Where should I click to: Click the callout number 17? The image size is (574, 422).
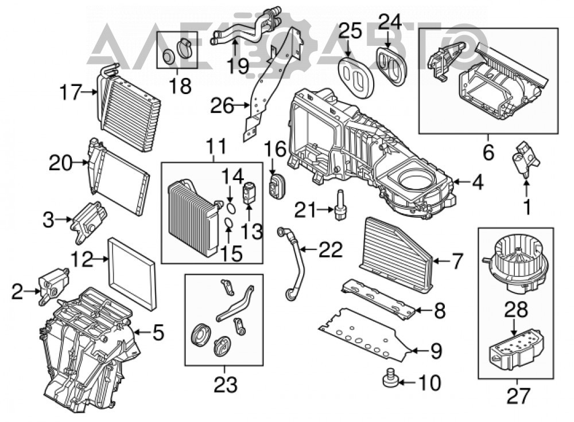click(71, 92)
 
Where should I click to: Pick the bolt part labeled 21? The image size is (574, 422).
click(339, 205)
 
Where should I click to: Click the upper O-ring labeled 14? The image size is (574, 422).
click(230, 209)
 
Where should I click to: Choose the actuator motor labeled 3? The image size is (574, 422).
click(88, 221)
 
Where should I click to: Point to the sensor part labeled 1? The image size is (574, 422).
click(526, 160)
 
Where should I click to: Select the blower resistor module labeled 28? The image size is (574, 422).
click(517, 349)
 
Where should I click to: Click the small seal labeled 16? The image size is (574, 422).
click(277, 186)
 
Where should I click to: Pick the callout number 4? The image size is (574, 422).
click(478, 182)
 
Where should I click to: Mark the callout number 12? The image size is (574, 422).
click(82, 260)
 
